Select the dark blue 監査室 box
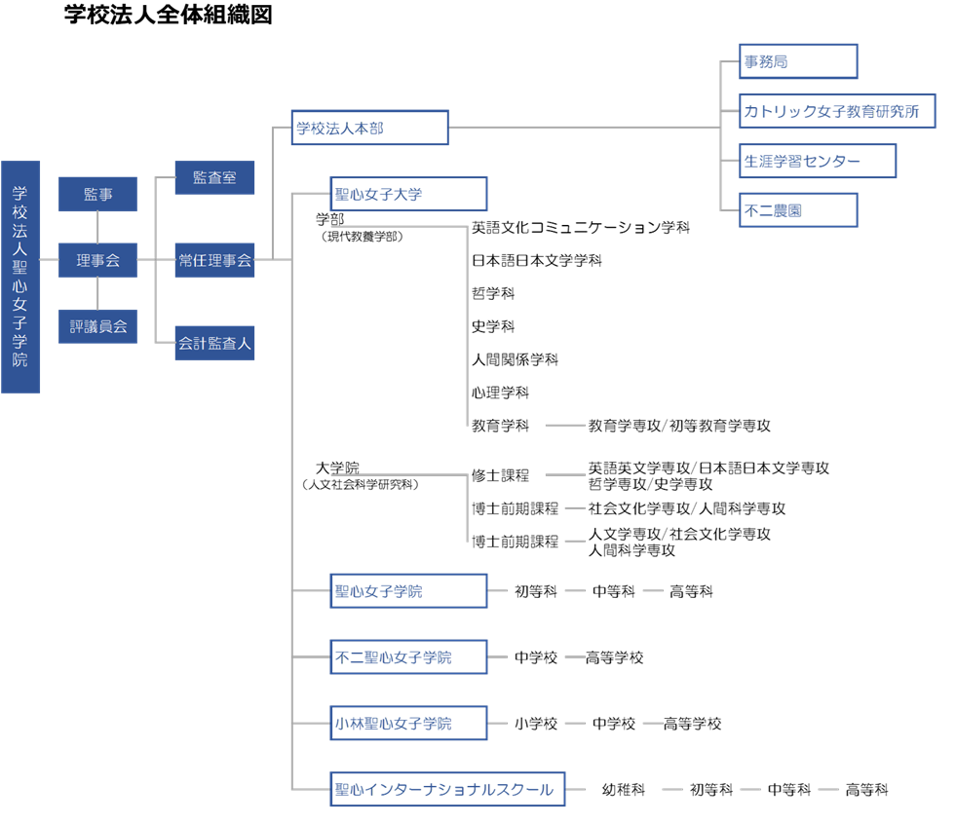tap(214, 177)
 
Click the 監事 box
tap(97, 194)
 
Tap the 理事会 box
tap(97, 260)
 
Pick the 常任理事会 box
tap(214, 260)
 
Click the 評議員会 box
tap(97, 326)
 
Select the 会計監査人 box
tap(214, 343)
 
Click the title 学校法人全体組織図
tap(169, 15)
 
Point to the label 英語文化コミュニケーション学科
tap(581, 227)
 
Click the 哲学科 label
tap(493, 293)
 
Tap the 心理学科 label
tap(500, 393)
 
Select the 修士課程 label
tap(500, 475)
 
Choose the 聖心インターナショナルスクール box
tap(447, 789)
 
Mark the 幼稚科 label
tap(623, 790)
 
